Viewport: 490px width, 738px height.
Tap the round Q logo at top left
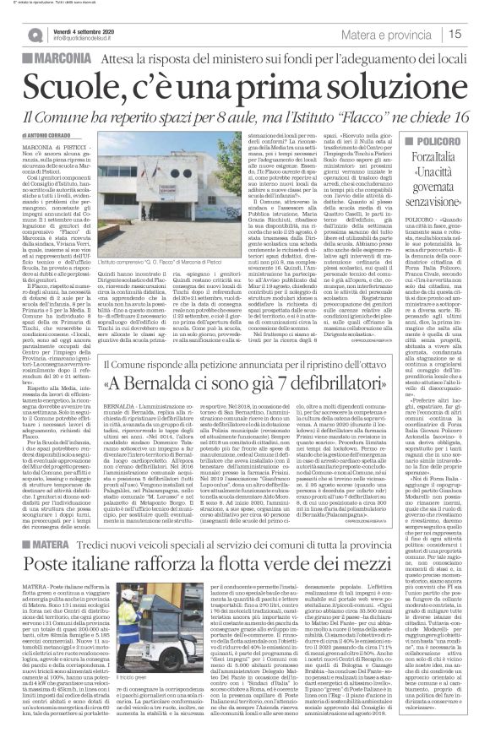coord(32,35)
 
